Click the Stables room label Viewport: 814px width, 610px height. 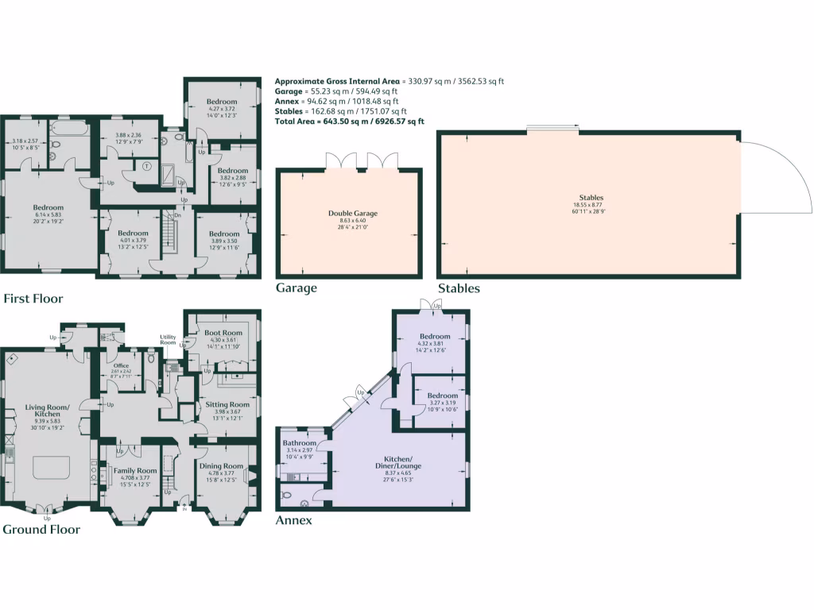(591, 198)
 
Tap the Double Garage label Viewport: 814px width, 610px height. (352, 213)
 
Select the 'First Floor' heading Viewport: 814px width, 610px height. (33, 299)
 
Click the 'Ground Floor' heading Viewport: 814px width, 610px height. (41, 529)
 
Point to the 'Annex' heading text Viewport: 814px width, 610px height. (293, 521)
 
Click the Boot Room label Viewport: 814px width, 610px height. (223, 334)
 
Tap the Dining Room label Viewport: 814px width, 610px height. (222, 466)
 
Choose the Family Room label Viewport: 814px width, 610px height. (134, 471)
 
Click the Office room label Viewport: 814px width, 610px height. (121, 366)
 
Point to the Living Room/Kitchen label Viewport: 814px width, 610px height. (47, 411)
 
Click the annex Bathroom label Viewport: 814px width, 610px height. (300, 443)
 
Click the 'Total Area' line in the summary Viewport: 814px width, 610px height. (349, 122)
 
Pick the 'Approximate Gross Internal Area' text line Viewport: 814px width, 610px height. (390, 81)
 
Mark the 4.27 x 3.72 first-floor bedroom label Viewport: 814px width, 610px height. (222, 102)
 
